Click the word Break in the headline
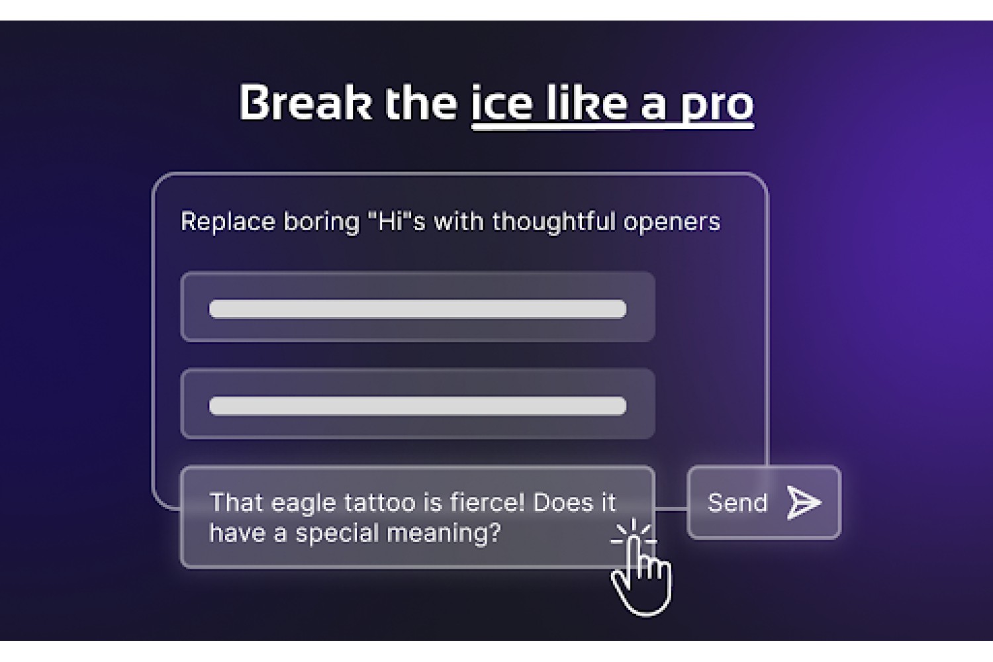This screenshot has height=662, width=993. (305, 102)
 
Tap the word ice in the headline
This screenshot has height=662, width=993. (502, 103)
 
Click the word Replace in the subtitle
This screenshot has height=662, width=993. (228, 221)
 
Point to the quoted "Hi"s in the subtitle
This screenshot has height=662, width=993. (397, 221)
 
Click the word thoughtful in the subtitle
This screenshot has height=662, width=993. (554, 221)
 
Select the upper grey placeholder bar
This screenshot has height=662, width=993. (418, 308)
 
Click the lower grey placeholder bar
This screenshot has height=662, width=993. (418, 406)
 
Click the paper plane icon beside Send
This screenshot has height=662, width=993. (804, 502)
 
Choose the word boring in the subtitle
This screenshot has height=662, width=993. (321, 222)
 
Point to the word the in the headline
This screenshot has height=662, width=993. (420, 103)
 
